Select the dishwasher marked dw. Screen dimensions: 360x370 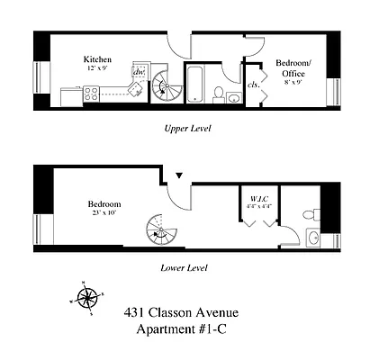tap(139, 74)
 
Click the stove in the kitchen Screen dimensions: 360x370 tap(92, 92)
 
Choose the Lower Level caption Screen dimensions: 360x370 tap(184, 267)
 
